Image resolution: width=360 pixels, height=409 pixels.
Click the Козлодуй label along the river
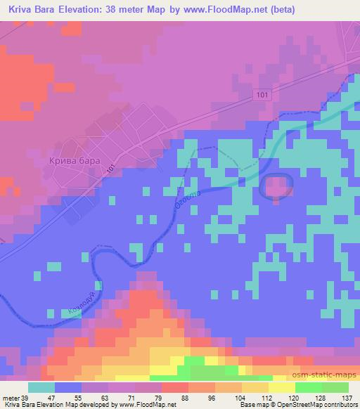(81, 302)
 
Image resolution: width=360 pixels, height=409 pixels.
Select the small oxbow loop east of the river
(276, 187)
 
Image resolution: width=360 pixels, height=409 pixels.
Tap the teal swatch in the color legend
(41, 387)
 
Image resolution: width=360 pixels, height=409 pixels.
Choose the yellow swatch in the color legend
(281, 387)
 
